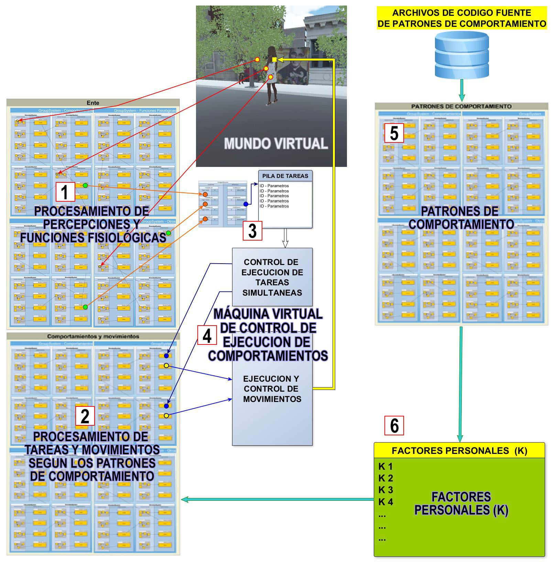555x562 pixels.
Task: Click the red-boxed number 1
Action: (x=65, y=192)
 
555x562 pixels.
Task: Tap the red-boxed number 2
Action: (x=85, y=416)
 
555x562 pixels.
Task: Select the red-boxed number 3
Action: (x=252, y=231)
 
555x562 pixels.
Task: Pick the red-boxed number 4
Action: (x=207, y=335)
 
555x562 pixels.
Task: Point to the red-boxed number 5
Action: (x=394, y=133)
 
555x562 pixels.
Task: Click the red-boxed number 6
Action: (x=394, y=426)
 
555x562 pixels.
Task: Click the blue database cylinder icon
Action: (x=461, y=55)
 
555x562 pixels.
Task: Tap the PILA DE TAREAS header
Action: (x=285, y=176)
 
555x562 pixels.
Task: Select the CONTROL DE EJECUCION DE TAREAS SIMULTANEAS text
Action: (x=272, y=277)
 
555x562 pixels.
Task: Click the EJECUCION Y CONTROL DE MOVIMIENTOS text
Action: (x=272, y=389)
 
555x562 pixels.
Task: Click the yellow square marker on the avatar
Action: (x=274, y=60)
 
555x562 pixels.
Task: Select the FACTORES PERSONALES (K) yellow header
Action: (x=459, y=450)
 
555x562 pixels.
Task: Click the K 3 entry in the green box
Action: (x=385, y=490)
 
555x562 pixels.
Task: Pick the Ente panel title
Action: (x=93, y=103)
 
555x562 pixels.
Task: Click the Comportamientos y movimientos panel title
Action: (x=93, y=336)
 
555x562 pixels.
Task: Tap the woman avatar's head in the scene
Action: (x=272, y=51)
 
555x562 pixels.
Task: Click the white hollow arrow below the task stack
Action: (x=285, y=238)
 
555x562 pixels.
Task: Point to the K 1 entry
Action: (x=385, y=467)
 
